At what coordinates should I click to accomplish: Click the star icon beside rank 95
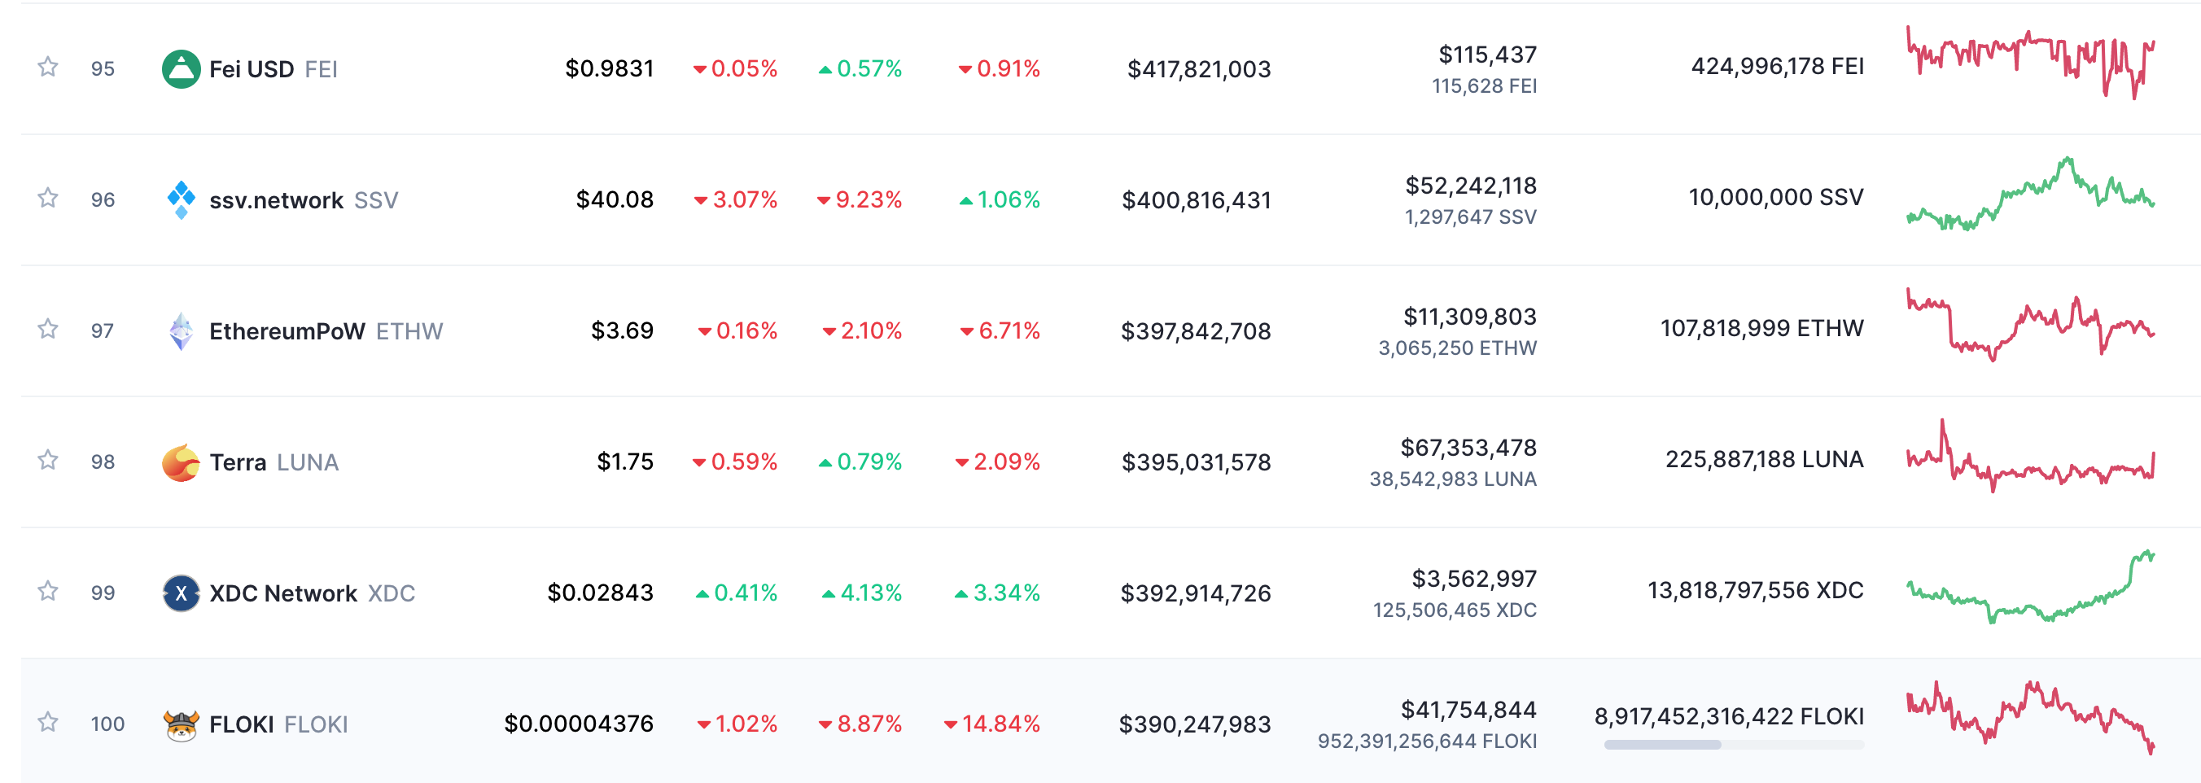[48, 67]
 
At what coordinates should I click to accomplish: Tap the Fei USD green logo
[182, 68]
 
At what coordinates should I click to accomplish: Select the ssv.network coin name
[276, 200]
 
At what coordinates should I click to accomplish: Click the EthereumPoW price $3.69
[622, 330]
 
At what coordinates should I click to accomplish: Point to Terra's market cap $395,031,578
[1197, 461]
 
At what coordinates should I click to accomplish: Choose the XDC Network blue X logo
[182, 593]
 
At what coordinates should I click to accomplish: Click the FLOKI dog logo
[182, 724]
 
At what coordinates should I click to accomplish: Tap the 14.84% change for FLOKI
[992, 724]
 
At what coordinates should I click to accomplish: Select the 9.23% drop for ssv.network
[860, 199]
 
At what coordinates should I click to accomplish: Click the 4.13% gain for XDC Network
[862, 593]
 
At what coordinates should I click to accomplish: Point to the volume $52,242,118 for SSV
[1471, 186]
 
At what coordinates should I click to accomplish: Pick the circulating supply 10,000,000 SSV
[1775, 198]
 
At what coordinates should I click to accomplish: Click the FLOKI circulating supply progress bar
[1734, 745]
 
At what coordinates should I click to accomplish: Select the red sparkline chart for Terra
[2030, 456]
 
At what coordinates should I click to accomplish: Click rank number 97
[103, 330]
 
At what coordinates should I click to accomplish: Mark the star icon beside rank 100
[48, 722]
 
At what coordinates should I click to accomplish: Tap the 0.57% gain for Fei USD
[860, 68]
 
